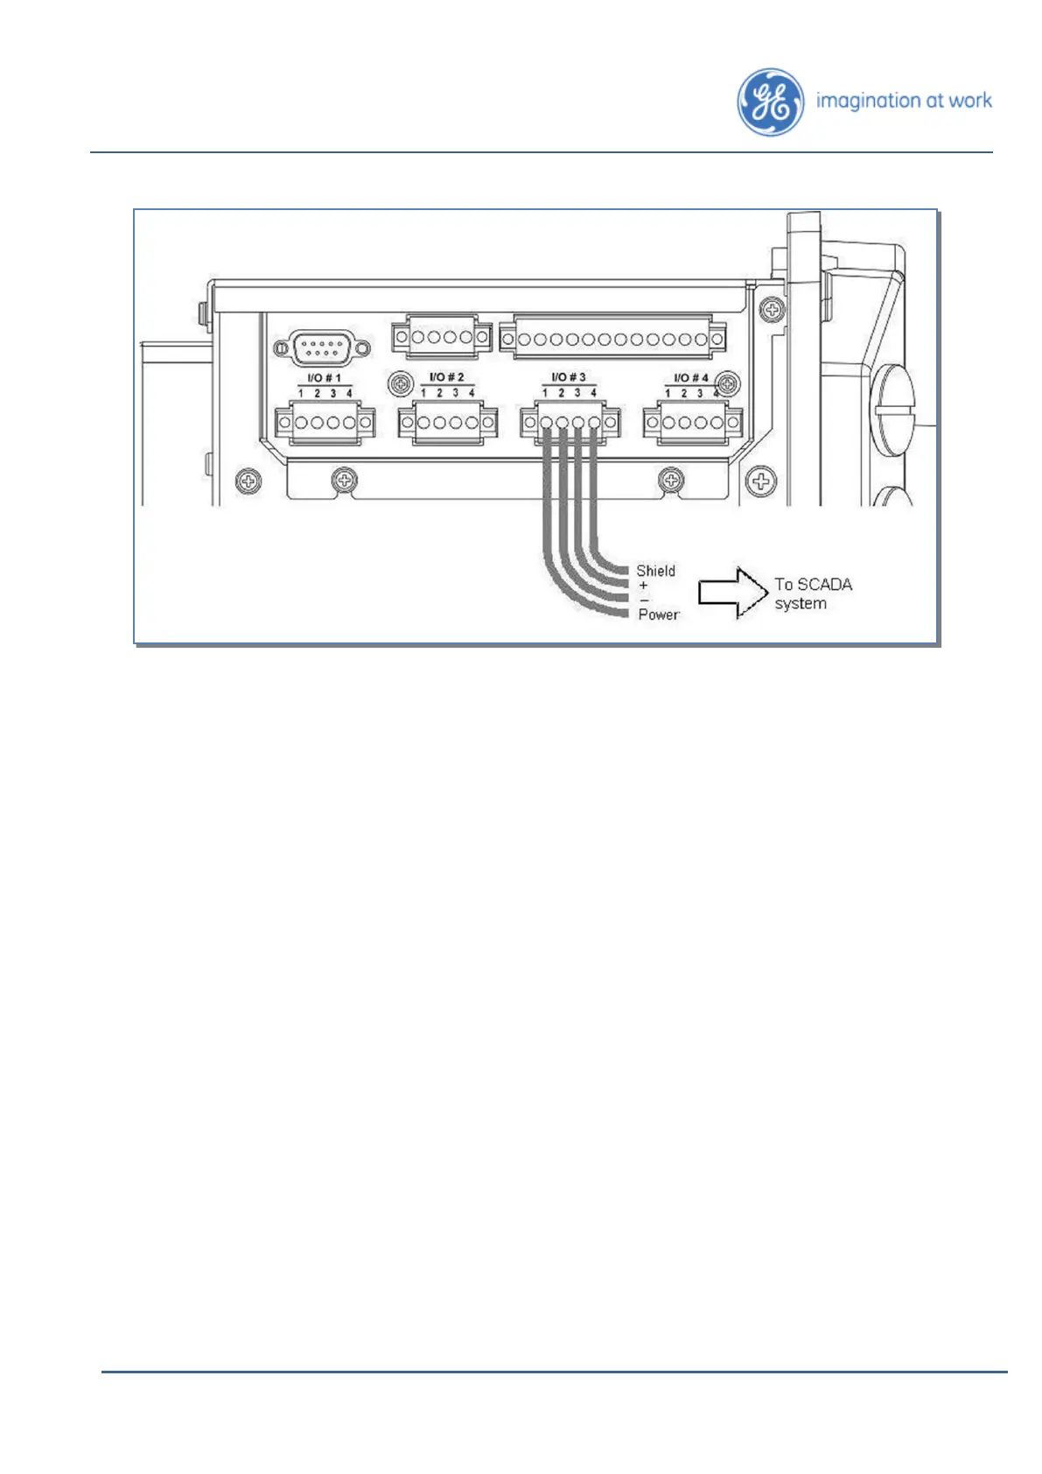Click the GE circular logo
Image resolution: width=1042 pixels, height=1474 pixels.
770,102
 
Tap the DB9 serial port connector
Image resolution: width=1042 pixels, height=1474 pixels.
322,348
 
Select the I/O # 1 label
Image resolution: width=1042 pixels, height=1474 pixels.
325,378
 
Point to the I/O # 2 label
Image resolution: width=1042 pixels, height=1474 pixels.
446,377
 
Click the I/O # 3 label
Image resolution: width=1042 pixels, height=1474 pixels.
569,377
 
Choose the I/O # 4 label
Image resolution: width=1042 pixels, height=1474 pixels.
690,378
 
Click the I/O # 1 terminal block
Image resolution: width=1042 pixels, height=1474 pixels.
325,423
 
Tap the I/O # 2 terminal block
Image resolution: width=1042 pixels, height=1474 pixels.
447,423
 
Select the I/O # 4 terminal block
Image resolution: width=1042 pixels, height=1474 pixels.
692,423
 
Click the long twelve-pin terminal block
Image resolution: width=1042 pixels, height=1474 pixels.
612,338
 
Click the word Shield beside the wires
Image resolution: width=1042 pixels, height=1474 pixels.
655,571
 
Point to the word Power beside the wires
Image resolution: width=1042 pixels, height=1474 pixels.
658,614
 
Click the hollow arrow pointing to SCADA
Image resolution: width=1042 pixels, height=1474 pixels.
732,593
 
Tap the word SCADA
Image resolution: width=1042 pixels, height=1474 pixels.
824,585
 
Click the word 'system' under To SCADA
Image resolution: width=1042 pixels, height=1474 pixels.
800,604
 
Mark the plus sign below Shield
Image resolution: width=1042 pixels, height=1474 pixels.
644,586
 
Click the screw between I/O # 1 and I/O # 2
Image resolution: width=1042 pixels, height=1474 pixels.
401,383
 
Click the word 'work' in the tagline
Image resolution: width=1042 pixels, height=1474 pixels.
970,101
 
